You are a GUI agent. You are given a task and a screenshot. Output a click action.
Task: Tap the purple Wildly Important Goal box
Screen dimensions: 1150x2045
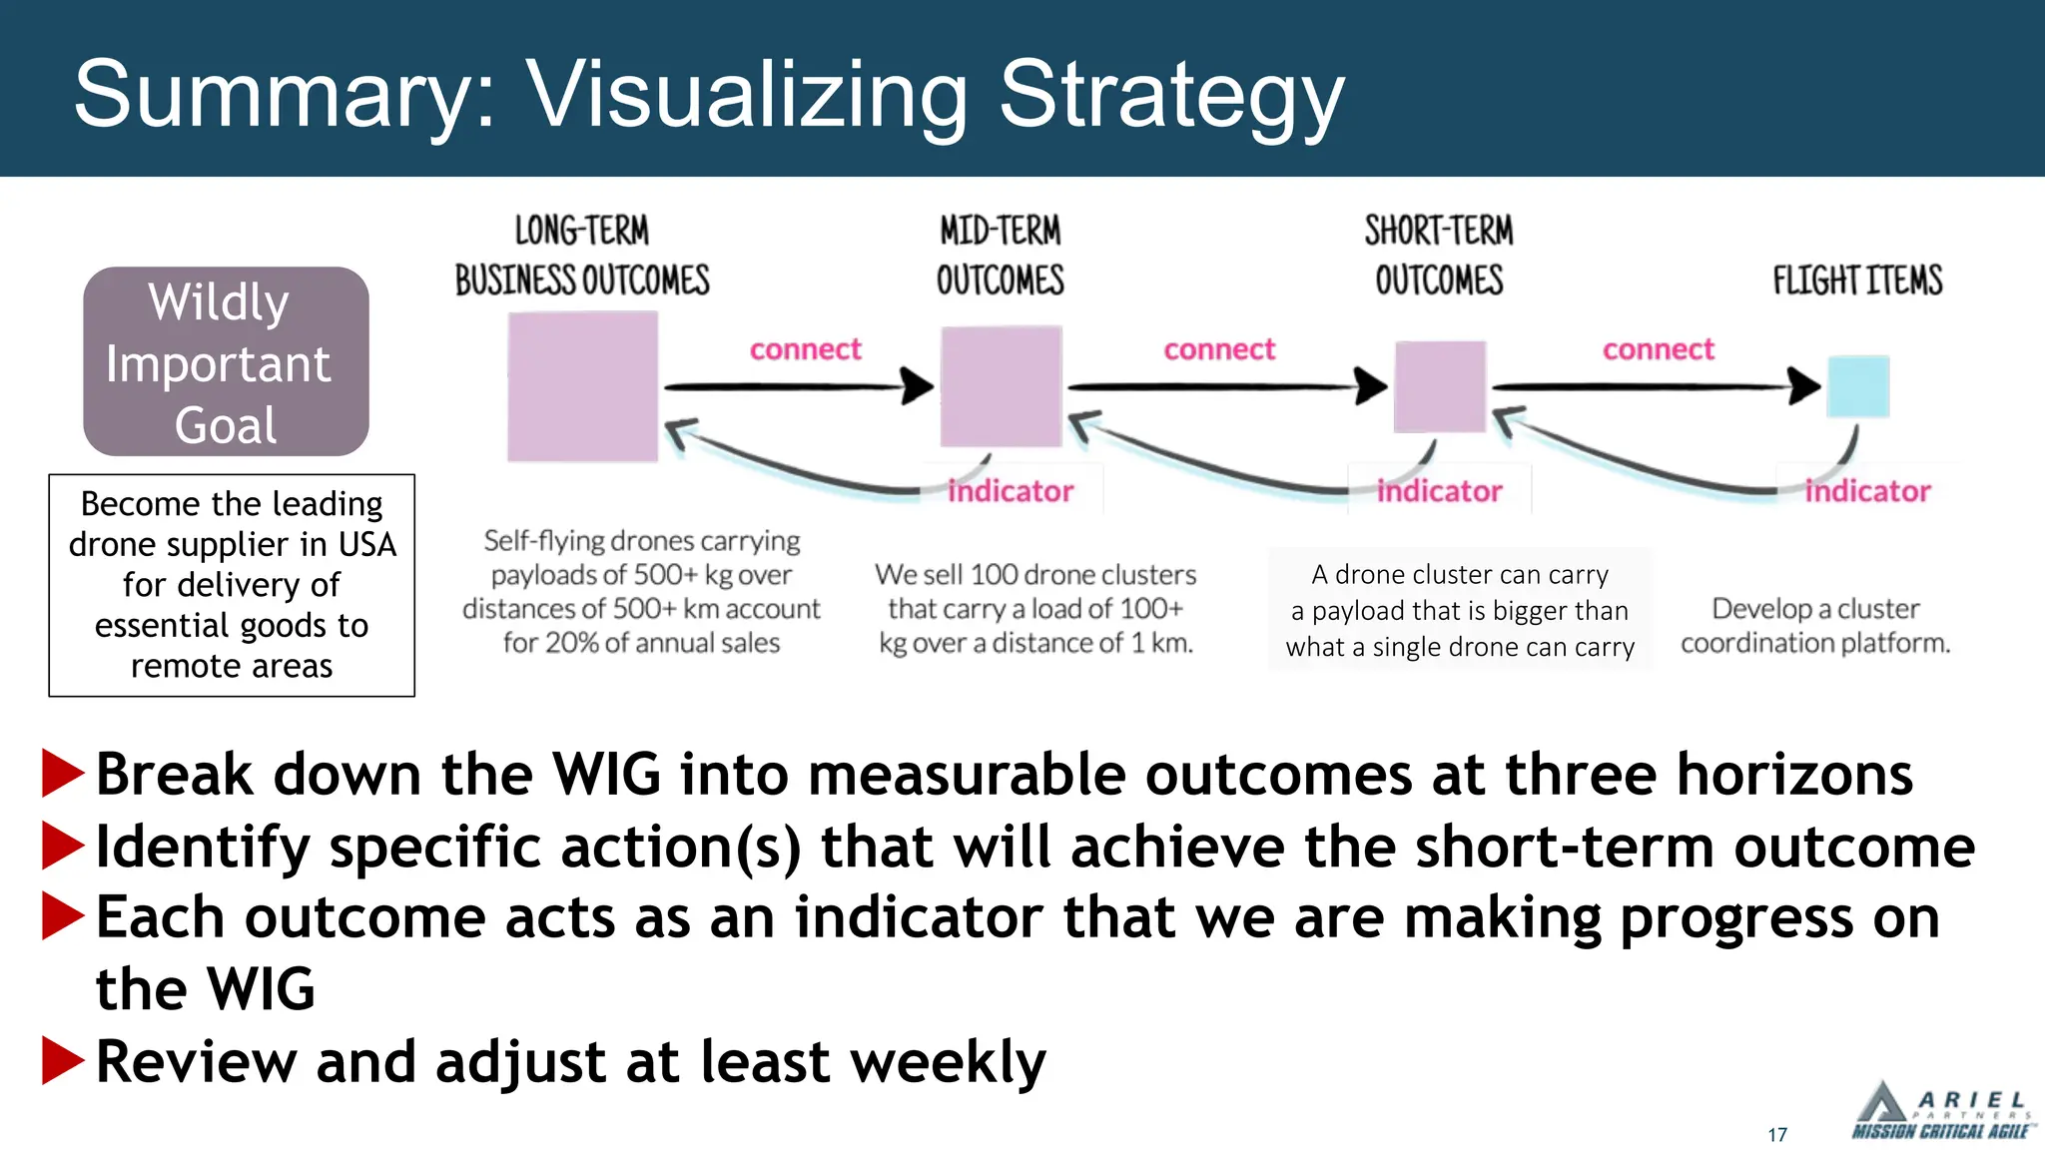click(226, 361)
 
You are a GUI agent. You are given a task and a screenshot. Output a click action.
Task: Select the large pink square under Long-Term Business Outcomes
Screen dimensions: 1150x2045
click(582, 386)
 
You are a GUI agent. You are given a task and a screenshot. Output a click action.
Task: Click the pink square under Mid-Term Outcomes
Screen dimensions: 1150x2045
click(1001, 386)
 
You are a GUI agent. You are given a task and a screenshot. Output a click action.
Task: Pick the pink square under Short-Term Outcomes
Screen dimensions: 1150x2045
click(1439, 386)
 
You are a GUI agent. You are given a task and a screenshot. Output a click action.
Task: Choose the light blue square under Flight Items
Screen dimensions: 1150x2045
click(1857, 386)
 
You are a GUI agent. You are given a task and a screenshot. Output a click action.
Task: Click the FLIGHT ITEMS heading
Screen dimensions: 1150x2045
click(1857, 281)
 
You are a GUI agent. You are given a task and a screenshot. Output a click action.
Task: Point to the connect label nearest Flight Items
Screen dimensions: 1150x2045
click(1658, 349)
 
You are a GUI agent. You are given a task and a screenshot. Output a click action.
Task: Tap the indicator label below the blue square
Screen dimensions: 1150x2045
click(1867, 491)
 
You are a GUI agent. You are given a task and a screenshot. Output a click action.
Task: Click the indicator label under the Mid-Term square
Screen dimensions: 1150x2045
click(1010, 491)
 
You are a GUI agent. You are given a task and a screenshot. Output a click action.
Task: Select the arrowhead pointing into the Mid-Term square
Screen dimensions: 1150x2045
click(917, 386)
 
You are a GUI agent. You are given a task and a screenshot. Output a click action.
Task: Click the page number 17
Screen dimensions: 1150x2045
click(1777, 1135)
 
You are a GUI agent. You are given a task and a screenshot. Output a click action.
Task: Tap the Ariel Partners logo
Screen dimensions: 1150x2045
click(1940, 1112)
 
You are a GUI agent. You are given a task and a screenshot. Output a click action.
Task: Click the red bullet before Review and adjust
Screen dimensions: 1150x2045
click(62, 1060)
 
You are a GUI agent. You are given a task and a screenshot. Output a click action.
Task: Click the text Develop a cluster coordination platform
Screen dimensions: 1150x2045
click(1814, 626)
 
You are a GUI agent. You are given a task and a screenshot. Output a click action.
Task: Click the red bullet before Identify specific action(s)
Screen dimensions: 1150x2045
click(62, 847)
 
